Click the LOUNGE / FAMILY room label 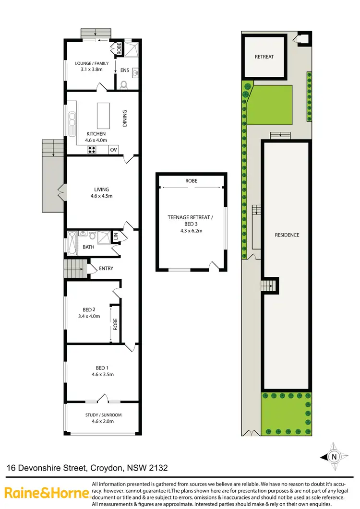pyautogui.click(x=92, y=63)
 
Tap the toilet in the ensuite pyautogui.click(x=124, y=85)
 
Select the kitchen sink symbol pyautogui.click(x=72, y=124)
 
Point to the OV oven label pyautogui.click(x=113, y=150)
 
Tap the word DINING pyautogui.click(x=125, y=118)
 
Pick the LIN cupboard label pyautogui.click(x=115, y=237)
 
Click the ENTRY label pyautogui.click(x=106, y=268)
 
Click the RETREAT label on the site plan pyautogui.click(x=264, y=57)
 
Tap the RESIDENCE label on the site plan pyautogui.click(x=287, y=235)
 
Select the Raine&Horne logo pyautogui.click(x=47, y=492)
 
